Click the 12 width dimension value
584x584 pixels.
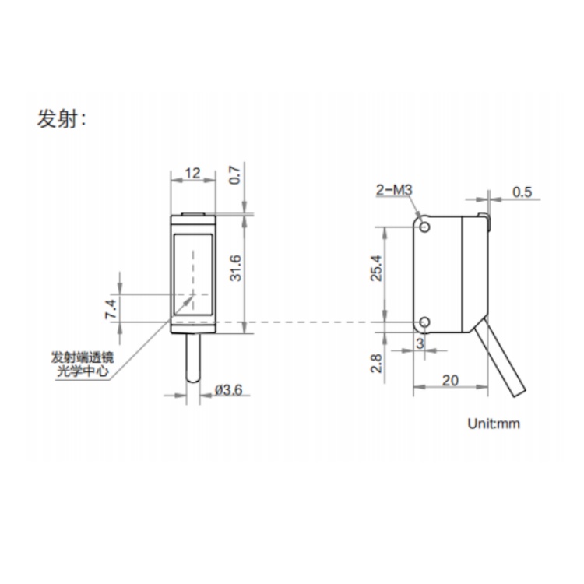click(x=192, y=173)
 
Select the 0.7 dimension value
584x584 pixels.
click(x=235, y=175)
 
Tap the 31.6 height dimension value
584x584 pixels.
click(x=235, y=268)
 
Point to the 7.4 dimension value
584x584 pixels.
click(x=111, y=309)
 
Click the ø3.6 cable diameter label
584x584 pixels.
click(x=228, y=390)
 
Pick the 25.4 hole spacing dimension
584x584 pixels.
click(x=376, y=268)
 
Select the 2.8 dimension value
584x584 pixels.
click(x=376, y=364)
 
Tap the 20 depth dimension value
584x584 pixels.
click(x=450, y=380)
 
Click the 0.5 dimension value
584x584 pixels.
click(x=522, y=192)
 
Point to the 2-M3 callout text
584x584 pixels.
click(x=394, y=190)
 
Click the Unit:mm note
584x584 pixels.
click(x=494, y=424)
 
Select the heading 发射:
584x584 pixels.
click(x=61, y=120)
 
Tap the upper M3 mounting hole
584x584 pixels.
click(x=424, y=227)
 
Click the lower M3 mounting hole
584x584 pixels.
click(x=424, y=322)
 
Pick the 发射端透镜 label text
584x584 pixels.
click(x=83, y=357)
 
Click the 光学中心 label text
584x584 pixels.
click(x=83, y=371)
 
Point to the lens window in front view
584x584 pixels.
click(x=193, y=274)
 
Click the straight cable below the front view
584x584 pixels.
click(x=193, y=357)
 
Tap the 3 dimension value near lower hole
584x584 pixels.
click(x=420, y=343)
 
